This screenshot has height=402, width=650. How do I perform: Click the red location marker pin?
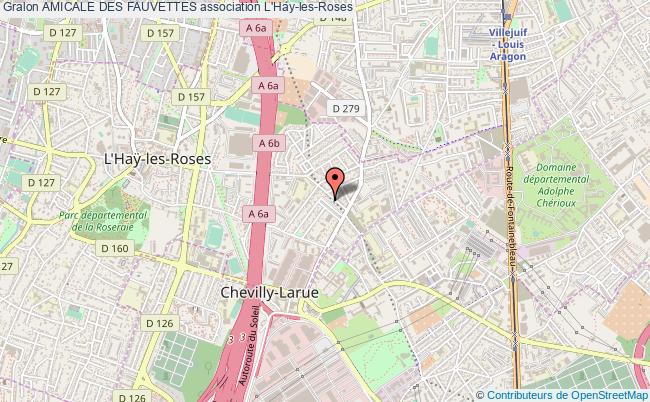[x=336, y=180]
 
